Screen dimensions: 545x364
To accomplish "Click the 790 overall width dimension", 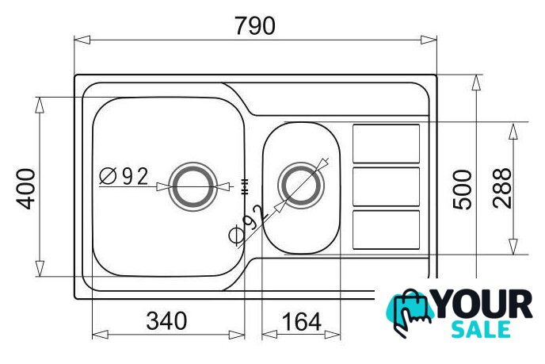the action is pyautogui.click(x=255, y=25).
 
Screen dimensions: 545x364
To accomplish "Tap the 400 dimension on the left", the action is pyautogui.click(x=26, y=189).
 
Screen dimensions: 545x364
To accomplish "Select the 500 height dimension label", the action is pyautogui.click(x=463, y=190).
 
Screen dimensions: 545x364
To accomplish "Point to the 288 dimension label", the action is pyautogui.click(x=502, y=188).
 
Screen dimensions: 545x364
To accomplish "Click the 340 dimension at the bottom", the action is pyautogui.click(x=166, y=321).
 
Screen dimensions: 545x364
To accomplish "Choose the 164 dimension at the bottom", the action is pyautogui.click(x=301, y=322).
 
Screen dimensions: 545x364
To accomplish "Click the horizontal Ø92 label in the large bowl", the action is pyautogui.click(x=124, y=176).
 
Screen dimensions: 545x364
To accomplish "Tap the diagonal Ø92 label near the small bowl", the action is pyautogui.click(x=247, y=224).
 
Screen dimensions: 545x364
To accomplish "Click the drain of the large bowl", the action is pyautogui.click(x=193, y=186).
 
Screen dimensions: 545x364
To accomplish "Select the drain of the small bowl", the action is pyautogui.click(x=301, y=185).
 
